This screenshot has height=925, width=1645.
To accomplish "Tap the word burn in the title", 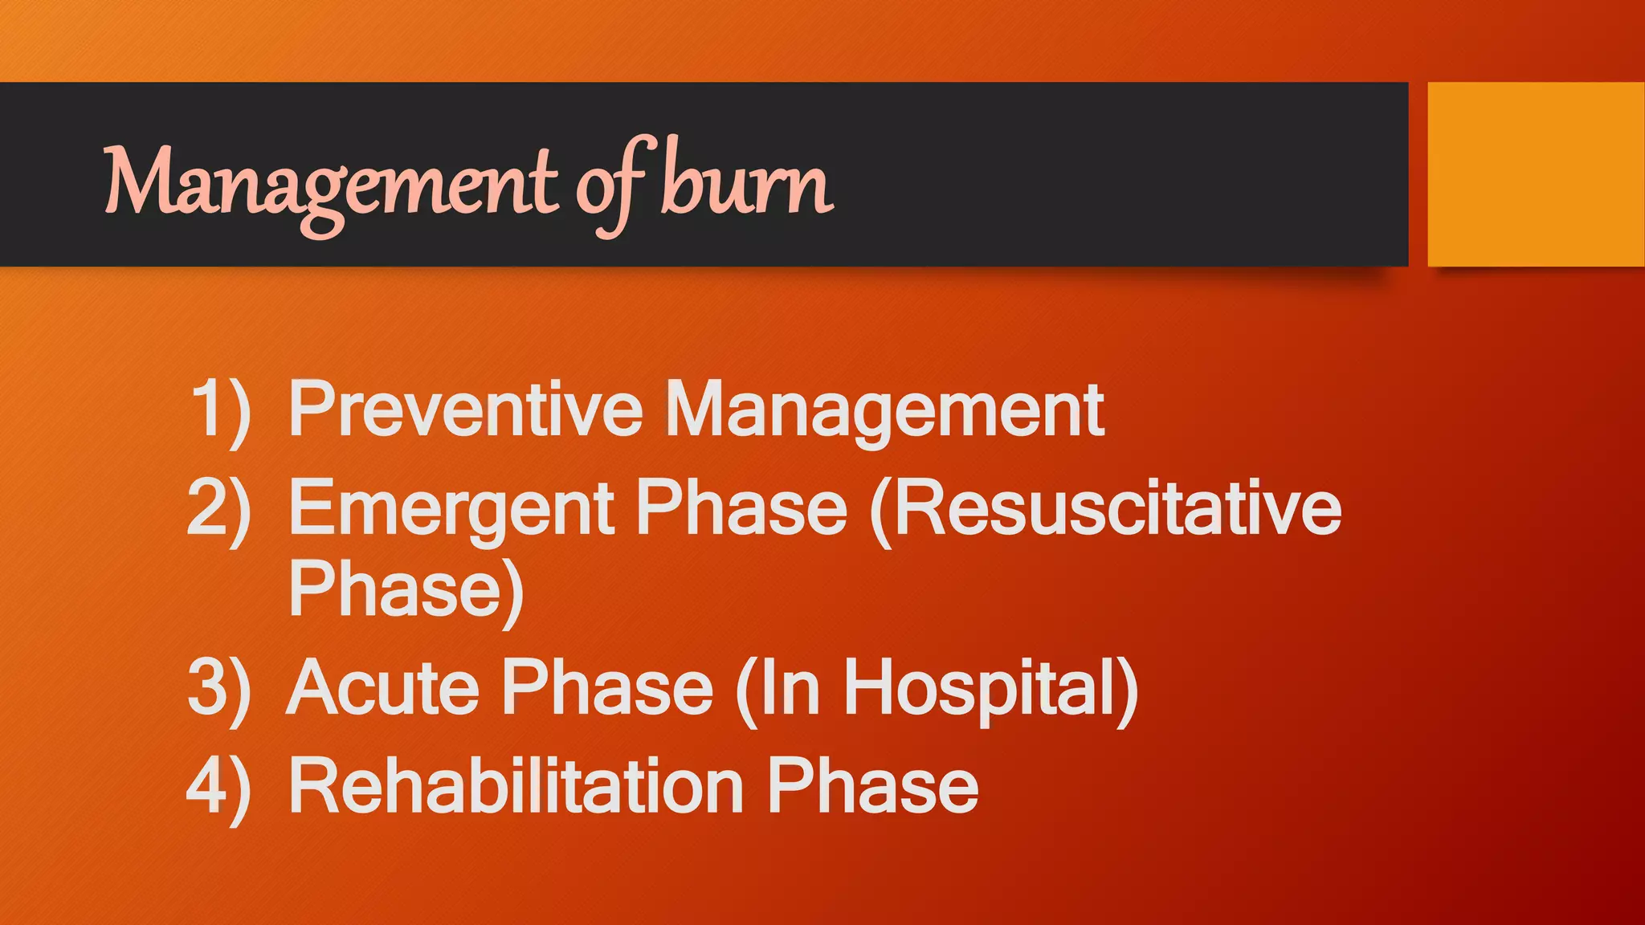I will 747,183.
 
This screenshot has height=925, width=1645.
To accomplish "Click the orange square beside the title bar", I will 1536,173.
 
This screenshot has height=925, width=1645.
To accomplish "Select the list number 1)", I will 220,411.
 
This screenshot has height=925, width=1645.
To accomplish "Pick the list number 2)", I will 218,509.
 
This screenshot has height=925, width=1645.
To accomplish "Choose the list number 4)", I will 218,787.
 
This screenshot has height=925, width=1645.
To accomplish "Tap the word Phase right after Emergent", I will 741,507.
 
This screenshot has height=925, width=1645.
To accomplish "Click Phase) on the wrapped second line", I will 406,590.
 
